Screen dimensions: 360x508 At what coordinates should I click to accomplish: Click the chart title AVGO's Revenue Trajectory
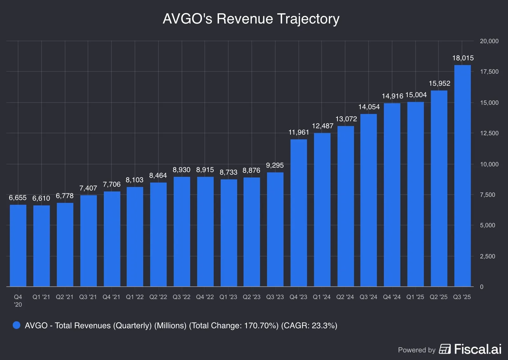[x=251, y=19]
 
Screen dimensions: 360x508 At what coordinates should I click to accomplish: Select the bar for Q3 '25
[x=462, y=176]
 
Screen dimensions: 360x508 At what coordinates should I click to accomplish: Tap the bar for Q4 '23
[x=298, y=213]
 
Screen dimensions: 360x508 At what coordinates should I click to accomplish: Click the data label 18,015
[x=463, y=58]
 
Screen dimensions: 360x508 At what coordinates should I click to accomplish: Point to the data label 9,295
[x=275, y=165]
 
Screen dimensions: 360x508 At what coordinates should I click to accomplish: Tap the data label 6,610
[x=41, y=198]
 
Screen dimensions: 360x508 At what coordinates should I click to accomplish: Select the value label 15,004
[x=416, y=95]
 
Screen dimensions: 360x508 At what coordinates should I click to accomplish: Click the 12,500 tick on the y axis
[x=489, y=133]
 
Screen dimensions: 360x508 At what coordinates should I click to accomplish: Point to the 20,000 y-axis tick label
[x=489, y=41]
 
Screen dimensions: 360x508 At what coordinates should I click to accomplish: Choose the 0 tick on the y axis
[x=482, y=287]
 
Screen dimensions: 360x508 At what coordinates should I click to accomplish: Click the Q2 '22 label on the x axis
[x=158, y=297]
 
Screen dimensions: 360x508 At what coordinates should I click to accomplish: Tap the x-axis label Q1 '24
[x=322, y=297]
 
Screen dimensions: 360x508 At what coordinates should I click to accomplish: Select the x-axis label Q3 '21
[x=88, y=297]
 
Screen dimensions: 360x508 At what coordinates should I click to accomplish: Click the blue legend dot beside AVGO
[x=17, y=325]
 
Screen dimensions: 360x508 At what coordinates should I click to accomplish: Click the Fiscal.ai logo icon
[x=445, y=349]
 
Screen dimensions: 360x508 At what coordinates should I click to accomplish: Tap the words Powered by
[x=417, y=350]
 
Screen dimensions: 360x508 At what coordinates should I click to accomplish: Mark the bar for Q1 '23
[x=229, y=233]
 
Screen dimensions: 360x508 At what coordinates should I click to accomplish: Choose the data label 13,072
[x=346, y=119]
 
